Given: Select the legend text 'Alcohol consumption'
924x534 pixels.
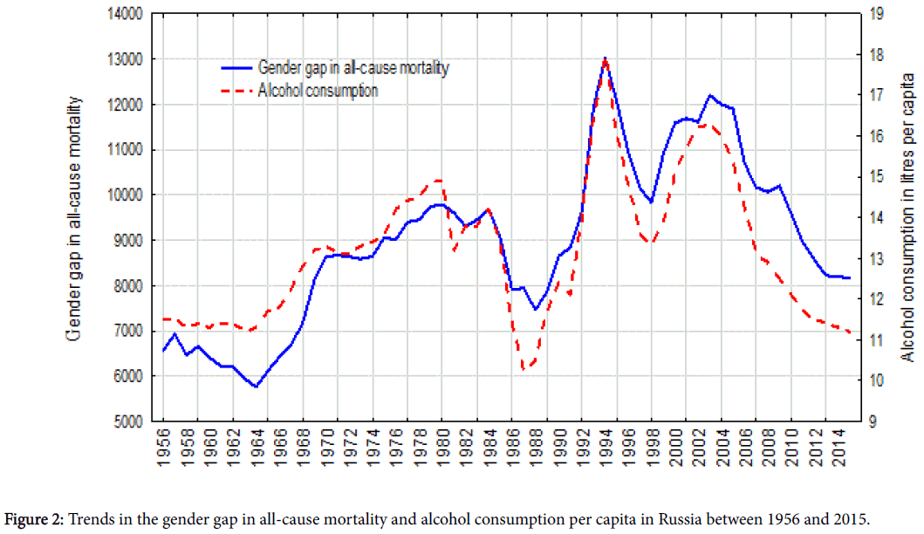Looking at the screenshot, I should pos(318,90).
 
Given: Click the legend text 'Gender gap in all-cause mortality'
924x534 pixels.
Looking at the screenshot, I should pos(353,67).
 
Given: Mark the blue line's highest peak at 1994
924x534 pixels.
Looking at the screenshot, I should pos(606,58).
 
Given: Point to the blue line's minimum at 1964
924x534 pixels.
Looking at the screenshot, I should pos(256,387).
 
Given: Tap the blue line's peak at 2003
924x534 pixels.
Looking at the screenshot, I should pos(710,95).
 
